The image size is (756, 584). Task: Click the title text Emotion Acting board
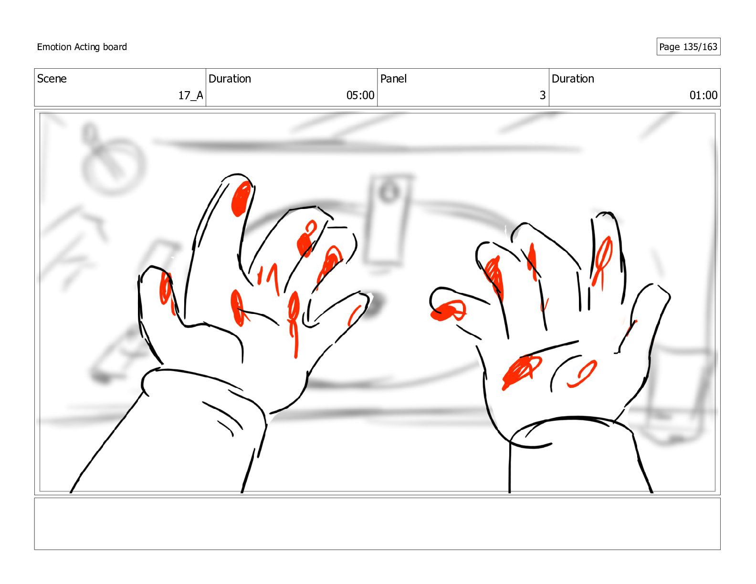point(82,47)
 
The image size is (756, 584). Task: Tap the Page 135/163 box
point(688,47)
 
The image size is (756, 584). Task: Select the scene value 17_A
point(190,95)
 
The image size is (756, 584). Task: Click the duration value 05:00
point(360,95)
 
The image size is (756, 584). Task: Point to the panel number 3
point(542,95)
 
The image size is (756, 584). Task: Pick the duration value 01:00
point(703,95)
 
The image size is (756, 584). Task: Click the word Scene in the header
point(52,79)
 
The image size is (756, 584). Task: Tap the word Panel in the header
point(393,79)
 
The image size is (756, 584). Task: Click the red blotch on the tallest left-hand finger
point(241,198)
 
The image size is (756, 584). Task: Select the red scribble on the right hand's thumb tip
point(448,311)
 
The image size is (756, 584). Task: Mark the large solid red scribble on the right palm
point(521,372)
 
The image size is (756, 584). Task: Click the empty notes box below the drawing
point(377,523)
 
